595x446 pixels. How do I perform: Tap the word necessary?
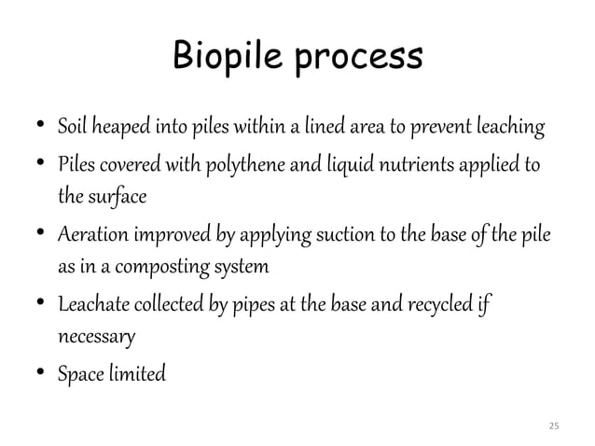(x=97, y=332)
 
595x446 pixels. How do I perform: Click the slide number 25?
(x=554, y=425)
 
